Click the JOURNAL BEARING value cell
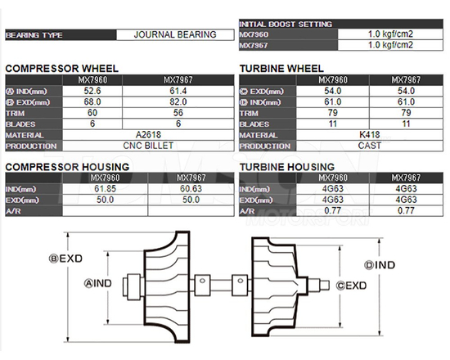(x=175, y=35)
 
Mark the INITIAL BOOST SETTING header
(x=286, y=25)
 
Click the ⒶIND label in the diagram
(x=100, y=282)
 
